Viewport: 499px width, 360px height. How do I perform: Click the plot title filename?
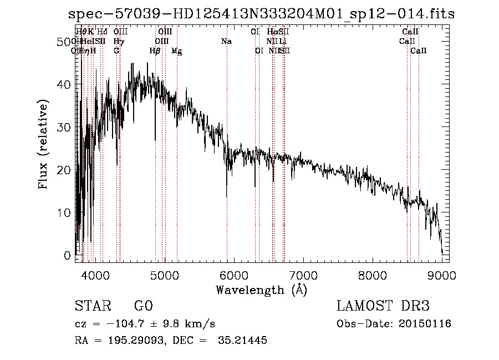261,14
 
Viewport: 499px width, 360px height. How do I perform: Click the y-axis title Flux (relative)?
43,144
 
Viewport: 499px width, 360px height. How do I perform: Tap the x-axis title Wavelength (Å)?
261,290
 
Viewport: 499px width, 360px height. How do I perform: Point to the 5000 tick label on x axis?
164,275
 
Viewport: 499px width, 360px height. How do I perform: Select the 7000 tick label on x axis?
303,275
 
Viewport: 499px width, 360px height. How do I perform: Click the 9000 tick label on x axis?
442,275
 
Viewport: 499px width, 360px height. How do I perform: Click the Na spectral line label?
226,42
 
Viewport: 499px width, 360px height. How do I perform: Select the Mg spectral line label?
176,51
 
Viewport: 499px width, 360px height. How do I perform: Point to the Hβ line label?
155,51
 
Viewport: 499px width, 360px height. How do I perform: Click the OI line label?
258,51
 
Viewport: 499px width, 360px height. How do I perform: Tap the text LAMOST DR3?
383,306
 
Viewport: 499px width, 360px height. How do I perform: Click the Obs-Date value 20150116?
427,323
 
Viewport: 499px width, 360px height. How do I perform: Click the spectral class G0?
143,306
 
